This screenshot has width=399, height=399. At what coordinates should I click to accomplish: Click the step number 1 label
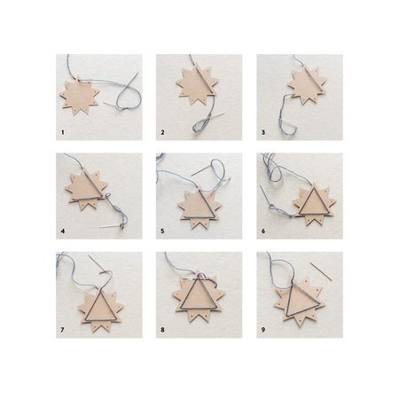coord(62,132)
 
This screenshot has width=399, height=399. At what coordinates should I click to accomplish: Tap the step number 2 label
coord(162,132)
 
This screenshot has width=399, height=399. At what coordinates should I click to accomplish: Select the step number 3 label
coord(263,132)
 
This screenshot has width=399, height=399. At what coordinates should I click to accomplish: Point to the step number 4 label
coord(63,231)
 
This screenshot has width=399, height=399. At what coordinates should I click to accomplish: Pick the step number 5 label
coord(162,231)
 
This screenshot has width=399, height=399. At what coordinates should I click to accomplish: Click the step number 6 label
coord(263,231)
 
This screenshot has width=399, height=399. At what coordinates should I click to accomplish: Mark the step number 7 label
coord(62,330)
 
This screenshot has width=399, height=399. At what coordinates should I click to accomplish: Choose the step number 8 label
coord(162,330)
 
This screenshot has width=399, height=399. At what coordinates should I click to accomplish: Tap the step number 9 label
coord(263,330)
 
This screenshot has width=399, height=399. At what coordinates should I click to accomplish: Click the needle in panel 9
coord(321,271)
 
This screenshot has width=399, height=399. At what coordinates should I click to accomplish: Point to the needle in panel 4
coord(110,227)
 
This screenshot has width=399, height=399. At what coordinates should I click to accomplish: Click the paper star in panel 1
coord(79,96)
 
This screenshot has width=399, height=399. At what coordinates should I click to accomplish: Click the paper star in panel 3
coord(307,84)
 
